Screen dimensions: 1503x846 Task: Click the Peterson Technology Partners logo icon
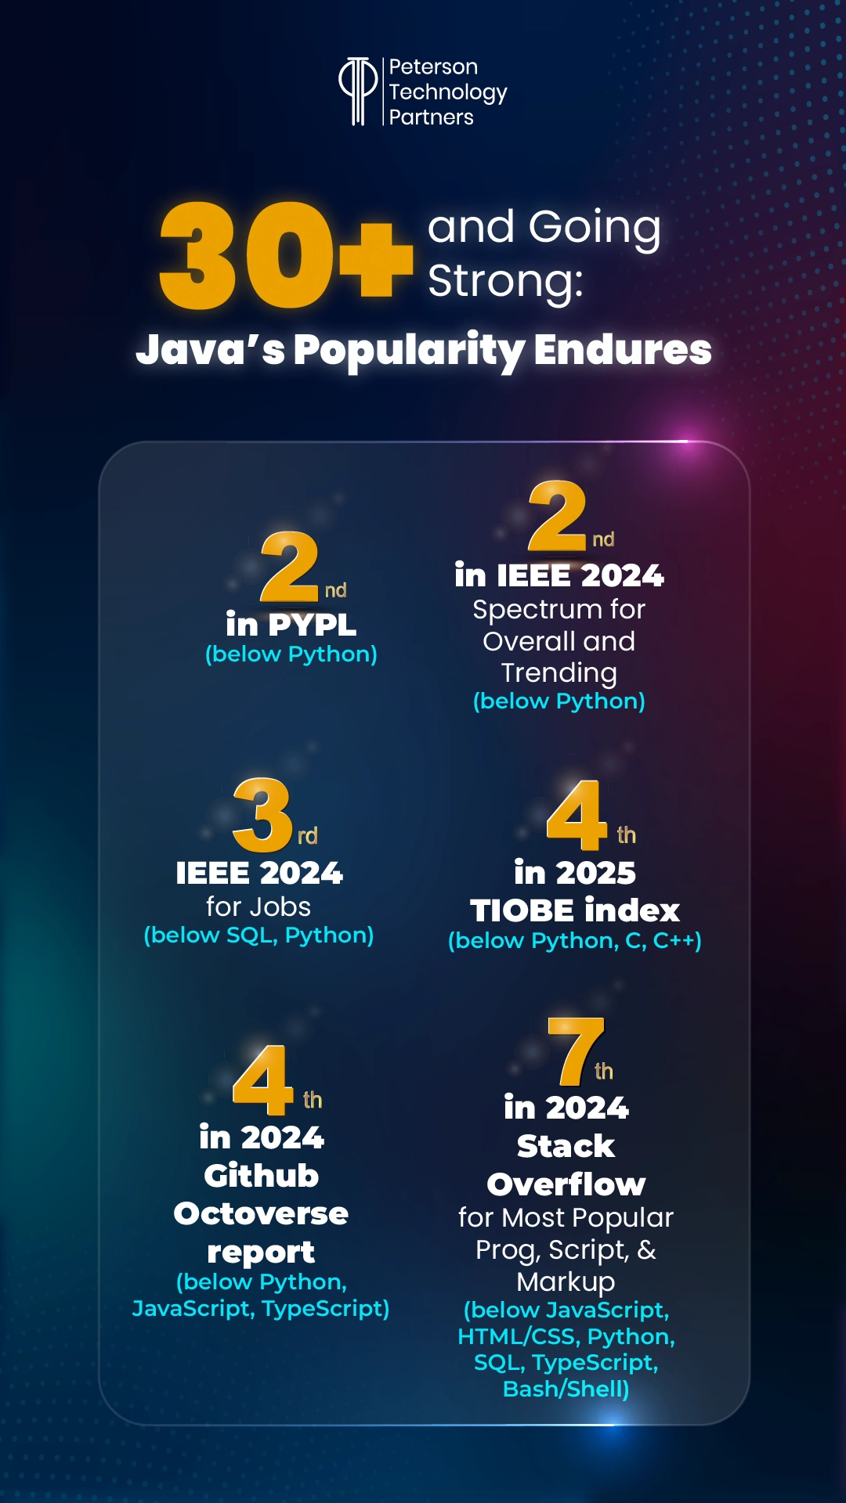(358, 91)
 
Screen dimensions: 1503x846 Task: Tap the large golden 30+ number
(286, 254)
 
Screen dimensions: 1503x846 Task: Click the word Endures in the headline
(623, 349)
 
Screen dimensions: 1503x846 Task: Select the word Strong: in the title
(505, 281)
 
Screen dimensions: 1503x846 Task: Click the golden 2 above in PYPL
(289, 567)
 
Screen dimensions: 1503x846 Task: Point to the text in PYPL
(291, 625)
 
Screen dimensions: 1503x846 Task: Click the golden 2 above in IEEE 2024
(557, 517)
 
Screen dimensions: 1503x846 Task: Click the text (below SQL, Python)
(258, 935)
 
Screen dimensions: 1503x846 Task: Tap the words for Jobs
(258, 906)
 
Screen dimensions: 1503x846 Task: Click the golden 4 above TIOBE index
(577, 815)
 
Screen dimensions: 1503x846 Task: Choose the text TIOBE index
(574, 910)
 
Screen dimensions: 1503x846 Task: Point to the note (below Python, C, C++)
(574, 940)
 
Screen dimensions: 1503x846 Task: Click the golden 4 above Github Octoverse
(262, 1080)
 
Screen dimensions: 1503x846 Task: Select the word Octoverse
(261, 1213)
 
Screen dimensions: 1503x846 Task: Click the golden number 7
(576, 1051)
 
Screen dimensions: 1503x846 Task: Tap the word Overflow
(566, 1184)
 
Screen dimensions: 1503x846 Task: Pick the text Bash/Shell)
(566, 1389)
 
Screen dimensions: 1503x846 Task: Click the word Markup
(566, 1281)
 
